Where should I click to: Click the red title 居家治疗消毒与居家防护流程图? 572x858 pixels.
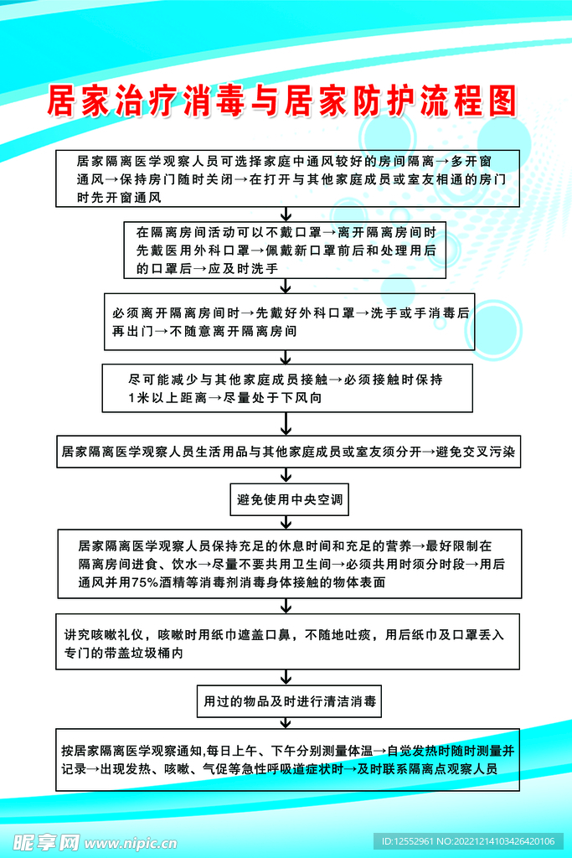coord(281,101)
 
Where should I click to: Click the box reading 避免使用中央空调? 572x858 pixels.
coord(289,500)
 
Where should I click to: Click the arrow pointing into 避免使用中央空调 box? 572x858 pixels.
coord(286,476)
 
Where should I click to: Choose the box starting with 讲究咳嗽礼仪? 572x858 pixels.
coord(287,642)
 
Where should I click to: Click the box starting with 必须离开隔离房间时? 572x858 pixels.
coord(289,321)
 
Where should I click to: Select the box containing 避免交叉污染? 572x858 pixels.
coord(289,451)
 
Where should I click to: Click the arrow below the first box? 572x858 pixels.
coord(286,214)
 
